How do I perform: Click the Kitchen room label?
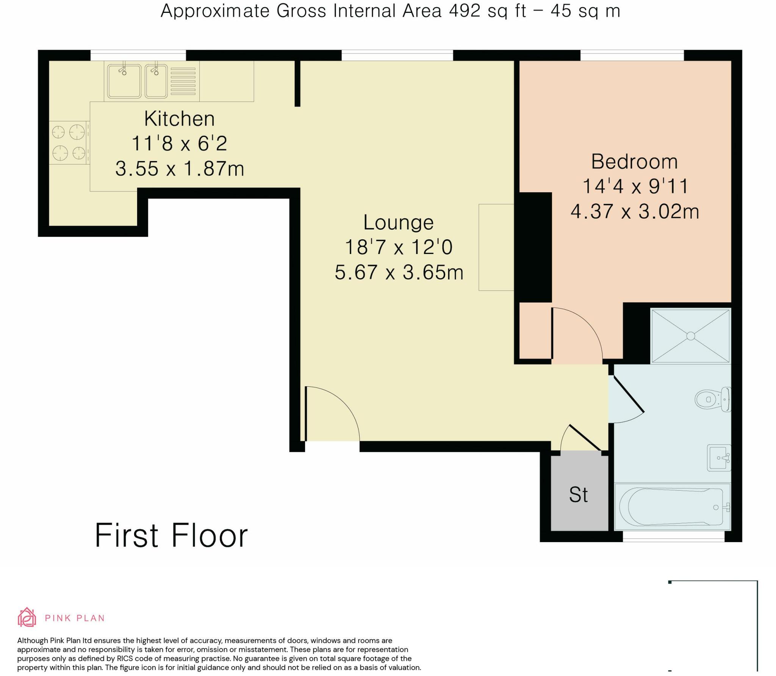[x=179, y=119]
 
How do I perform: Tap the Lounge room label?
[x=399, y=222]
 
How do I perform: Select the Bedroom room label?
[x=635, y=162]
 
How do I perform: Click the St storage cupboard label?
[x=578, y=494]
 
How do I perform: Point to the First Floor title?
[x=171, y=535]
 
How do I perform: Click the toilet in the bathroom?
[x=713, y=399]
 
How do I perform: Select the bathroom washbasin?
[x=719, y=458]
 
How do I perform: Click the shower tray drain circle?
[x=690, y=336]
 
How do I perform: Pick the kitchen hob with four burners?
[x=69, y=143]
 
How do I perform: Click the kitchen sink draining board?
[x=183, y=82]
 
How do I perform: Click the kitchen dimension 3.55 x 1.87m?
[x=180, y=168]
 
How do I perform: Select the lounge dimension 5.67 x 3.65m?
[x=399, y=272]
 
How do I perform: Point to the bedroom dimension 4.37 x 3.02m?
[x=635, y=211]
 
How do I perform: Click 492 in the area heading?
[x=465, y=11]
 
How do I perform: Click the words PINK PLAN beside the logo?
[x=75, y=618]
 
